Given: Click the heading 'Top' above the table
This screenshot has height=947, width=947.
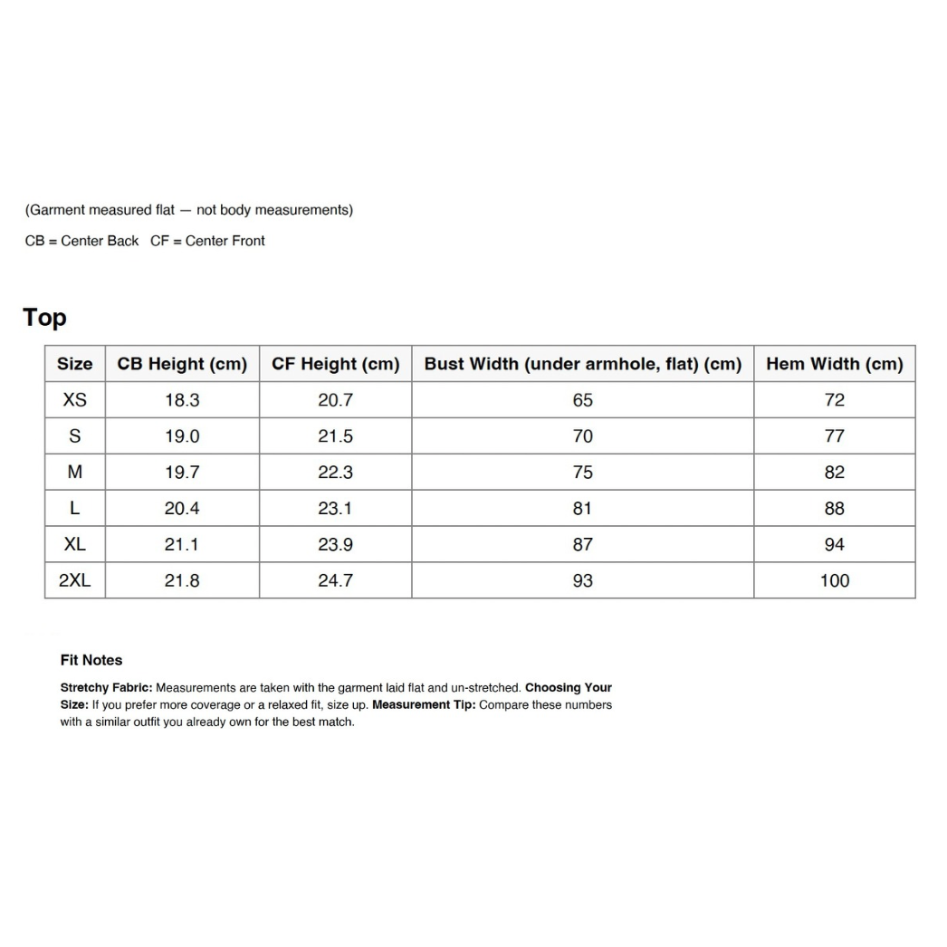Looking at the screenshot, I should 44,318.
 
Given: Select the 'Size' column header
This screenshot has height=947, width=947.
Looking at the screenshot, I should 74,364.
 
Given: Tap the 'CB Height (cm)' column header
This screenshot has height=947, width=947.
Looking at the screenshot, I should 182,364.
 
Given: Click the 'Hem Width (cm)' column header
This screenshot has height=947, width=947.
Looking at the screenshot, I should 834,364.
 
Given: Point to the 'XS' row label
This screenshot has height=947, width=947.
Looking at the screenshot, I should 74,400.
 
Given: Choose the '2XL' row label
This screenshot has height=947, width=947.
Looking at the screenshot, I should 74,581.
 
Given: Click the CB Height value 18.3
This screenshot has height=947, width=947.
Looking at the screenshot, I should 182,400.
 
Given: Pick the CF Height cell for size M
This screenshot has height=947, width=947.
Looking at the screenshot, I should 335,473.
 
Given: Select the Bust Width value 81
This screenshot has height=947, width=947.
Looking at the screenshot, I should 582,509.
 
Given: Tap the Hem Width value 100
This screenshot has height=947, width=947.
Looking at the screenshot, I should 834,581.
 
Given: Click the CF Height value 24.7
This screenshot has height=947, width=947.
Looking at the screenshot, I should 335,581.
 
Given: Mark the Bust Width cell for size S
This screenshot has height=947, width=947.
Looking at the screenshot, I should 582,436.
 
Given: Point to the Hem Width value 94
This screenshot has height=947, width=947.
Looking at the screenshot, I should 834,545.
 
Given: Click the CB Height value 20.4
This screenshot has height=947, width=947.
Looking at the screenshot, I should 182,509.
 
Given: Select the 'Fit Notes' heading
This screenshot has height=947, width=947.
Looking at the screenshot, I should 91,660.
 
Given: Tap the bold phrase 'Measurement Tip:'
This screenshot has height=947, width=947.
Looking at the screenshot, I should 423,705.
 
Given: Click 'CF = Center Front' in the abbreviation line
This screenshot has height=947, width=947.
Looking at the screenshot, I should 207,241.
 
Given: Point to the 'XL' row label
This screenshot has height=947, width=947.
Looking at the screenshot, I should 74,545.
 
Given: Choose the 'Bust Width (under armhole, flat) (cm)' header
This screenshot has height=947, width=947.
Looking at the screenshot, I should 582,364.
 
